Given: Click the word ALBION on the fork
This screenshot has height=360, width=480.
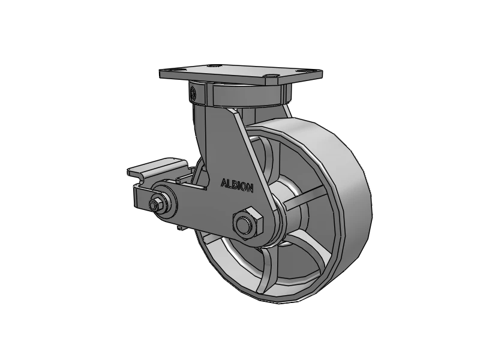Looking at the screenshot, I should pyautogui.click(x=237, y=185).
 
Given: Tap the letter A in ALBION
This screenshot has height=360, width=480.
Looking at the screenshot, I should pyautogui.click(x=224, y=182).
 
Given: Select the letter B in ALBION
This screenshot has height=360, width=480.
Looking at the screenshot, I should pyautogui.click(x=234, y=184).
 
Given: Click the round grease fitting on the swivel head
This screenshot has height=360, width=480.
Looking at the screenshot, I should pyautogui.click(x=192, y=93).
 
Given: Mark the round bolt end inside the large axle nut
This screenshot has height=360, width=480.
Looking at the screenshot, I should pyautogui.click(x=244, y=224).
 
